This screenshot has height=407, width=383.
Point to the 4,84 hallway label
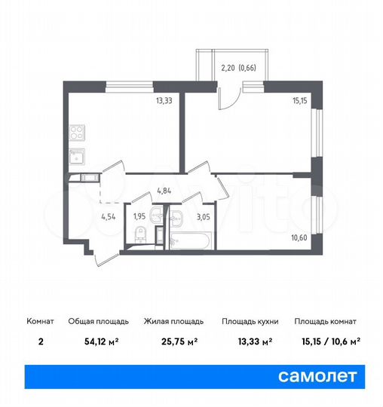pos(166,192)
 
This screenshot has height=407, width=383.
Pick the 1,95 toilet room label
pos(139,217)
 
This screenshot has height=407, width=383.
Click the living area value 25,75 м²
pos(171,342)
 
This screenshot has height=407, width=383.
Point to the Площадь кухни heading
pos(250,321)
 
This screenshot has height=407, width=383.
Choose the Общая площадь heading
pos(93,321)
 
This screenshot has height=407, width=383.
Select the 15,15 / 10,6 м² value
pos(326,342)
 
